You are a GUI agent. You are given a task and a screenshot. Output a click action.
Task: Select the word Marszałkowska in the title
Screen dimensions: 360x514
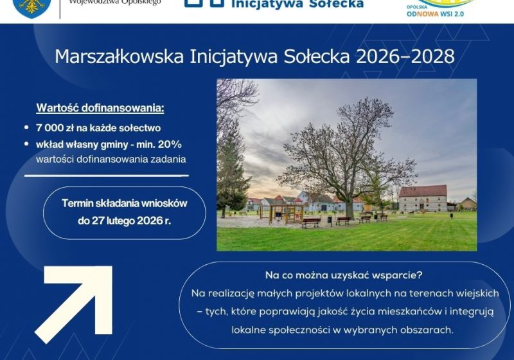pos(120,57)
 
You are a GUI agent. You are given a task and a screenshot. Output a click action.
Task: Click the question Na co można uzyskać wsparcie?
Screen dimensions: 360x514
pos(344,275)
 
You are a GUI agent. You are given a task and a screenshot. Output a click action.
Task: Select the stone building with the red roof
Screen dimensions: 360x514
pos(422,199)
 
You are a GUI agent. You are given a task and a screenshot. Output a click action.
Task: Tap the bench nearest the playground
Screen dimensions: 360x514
pos(311,222)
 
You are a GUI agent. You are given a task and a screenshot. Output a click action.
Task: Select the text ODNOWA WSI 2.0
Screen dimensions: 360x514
pos(434,13)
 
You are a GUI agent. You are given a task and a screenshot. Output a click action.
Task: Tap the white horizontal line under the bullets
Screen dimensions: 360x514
pos(107,175)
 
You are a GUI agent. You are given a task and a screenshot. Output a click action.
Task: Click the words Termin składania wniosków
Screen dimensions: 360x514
pos(124,203)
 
